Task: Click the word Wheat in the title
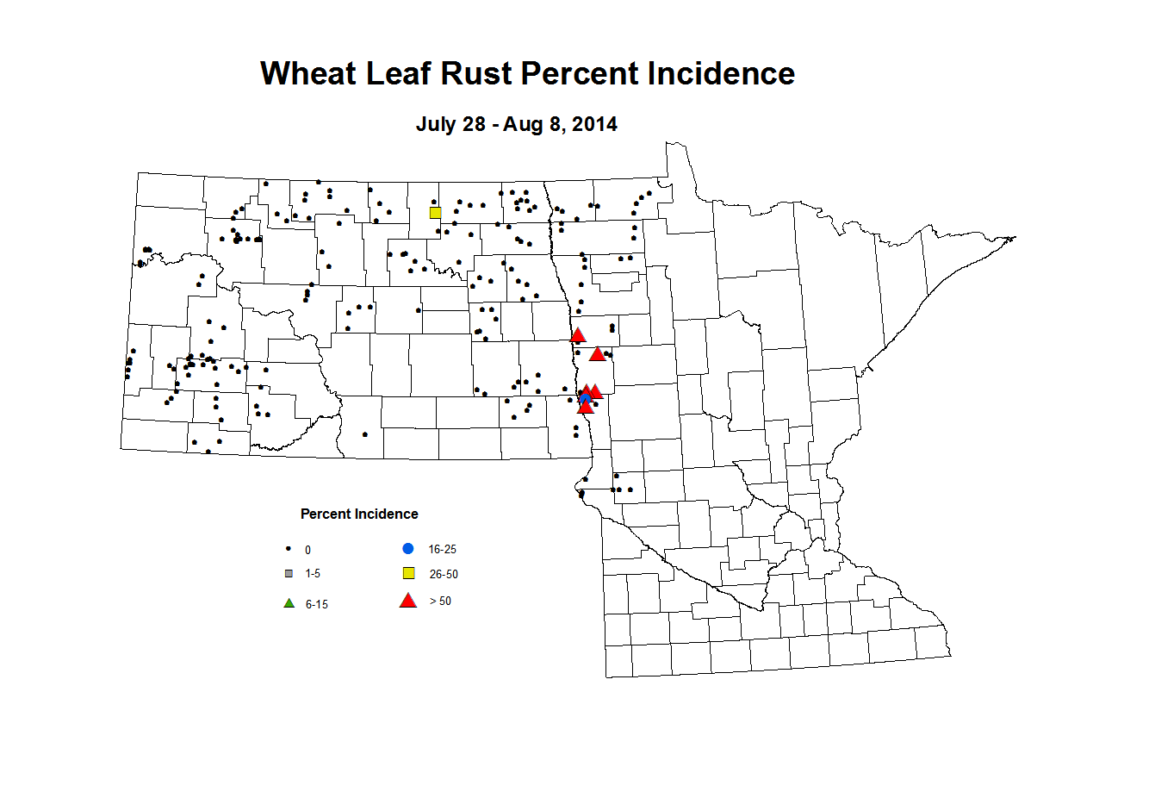pos(309,74)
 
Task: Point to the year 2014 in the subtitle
pos(594,124)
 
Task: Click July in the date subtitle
pos(435,124)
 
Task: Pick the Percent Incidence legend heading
pos(359,514)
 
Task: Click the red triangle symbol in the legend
pos(408,601)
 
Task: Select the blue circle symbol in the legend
pos(408,549)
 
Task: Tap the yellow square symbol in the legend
pos(409,574)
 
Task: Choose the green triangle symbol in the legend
pos(289,603)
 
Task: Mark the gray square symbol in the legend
pos(289,573)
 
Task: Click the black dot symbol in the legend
pos(288,549)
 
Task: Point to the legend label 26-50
pos(444,575)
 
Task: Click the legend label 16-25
pos(442,550)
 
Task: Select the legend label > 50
pos(440,602)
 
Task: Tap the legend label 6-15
pos(316,605)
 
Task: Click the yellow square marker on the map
pos(435,213)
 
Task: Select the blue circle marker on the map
pos(586,398)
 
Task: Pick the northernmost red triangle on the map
pos(578,335)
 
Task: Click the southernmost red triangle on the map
pos(585,407)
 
